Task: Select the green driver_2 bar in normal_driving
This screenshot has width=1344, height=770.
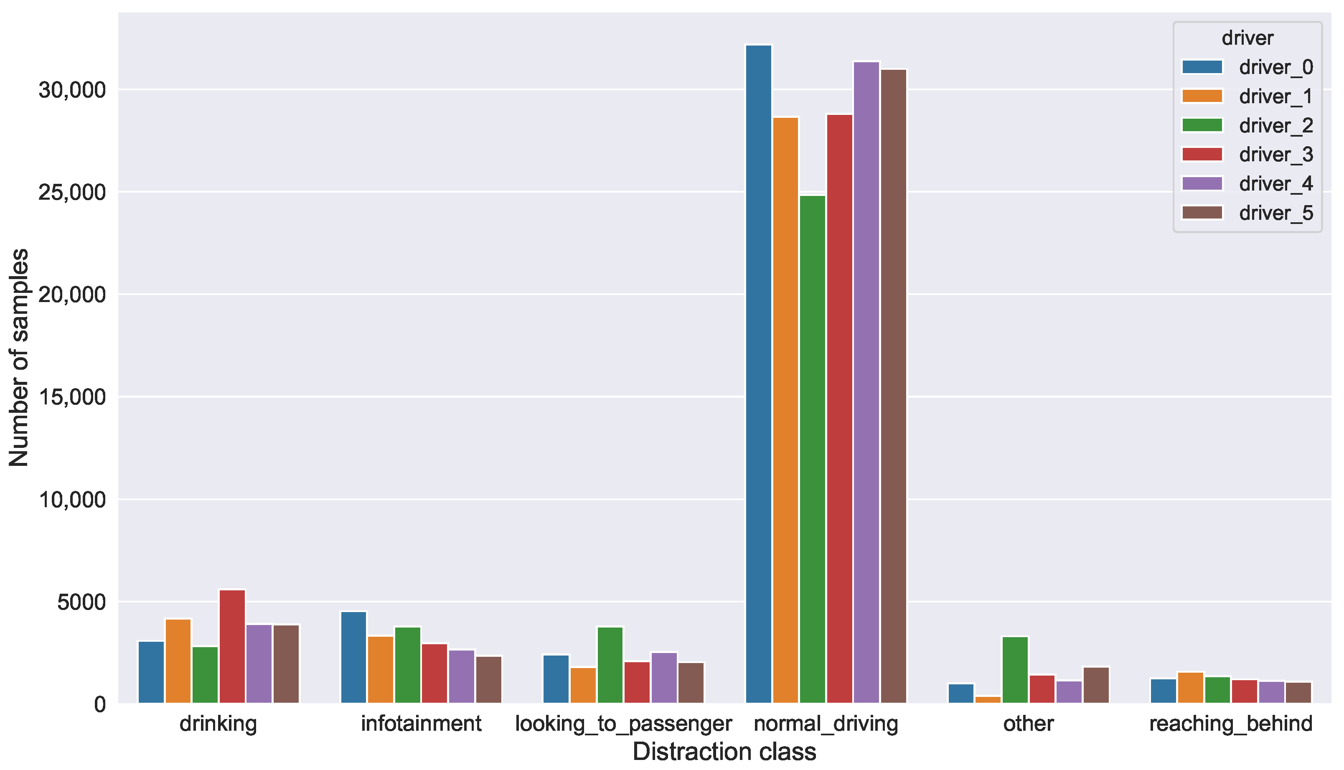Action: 812,449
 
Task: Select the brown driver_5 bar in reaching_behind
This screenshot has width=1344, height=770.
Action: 1298,692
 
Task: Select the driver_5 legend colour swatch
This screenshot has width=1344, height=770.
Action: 1202,213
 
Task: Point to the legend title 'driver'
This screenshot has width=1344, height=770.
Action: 1247,38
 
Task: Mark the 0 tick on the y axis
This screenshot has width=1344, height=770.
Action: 99,704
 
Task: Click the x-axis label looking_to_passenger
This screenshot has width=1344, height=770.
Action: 623,724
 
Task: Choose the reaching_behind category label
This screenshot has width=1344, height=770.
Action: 1231,724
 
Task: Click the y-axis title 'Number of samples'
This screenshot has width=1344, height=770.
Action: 19,358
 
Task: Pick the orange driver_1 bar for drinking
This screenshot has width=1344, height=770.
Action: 178,661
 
